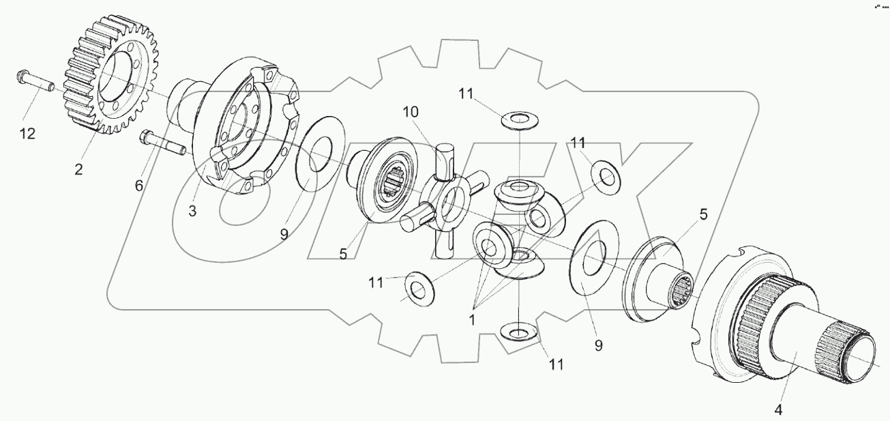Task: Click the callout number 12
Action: [x=27, y=134]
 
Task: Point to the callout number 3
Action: [x=192, y=211]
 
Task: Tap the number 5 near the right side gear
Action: [x=702, y=214]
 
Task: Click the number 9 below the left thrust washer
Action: [x=284, y=233]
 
